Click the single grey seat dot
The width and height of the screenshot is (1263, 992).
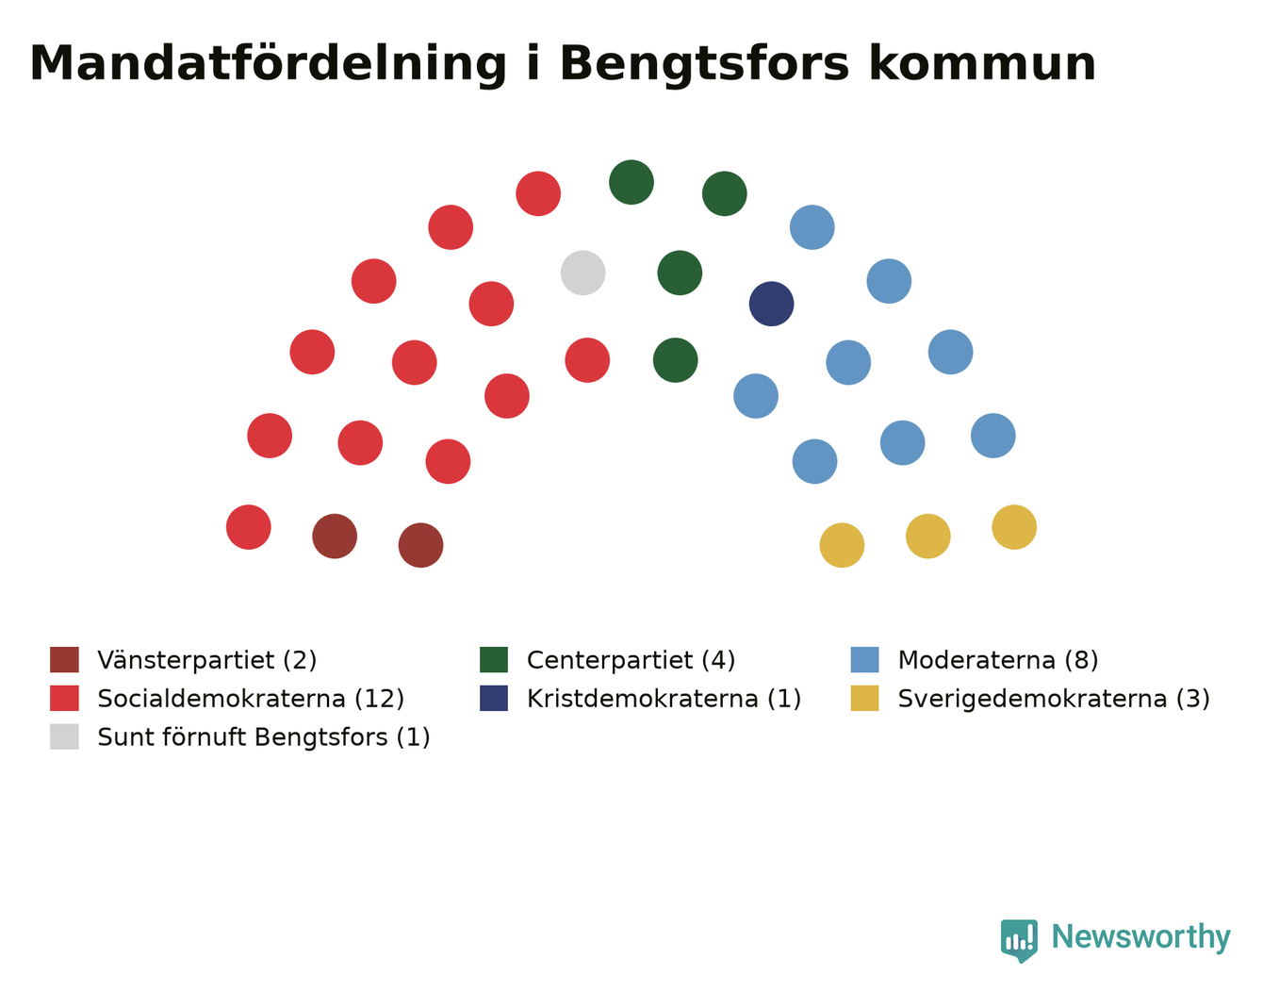pos(582,273)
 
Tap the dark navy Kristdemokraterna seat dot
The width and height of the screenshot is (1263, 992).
pos(771,304)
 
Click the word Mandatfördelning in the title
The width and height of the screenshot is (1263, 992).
pos(268,64)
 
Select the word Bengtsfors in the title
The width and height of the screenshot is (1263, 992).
pos(704,64)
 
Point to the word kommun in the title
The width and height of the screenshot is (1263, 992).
pos(982,64)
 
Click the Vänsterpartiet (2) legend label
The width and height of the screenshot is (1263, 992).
pos(207,659)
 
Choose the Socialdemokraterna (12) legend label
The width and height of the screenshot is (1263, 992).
pos(251,698)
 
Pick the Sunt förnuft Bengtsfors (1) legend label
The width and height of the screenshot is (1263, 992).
pos(264,736)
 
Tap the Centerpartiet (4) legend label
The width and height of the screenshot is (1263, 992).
pos(631,659)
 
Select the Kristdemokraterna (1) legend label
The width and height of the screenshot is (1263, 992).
pos(664,698)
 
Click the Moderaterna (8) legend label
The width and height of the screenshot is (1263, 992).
pos(998,659)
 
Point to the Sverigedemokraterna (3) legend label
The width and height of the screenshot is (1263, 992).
pos(1054,698)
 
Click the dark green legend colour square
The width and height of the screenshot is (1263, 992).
pos(494,659)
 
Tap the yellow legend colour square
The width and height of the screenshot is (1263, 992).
pos(864,698)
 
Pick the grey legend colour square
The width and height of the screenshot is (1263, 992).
pos(64,736)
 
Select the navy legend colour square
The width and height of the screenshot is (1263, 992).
pos(494,698)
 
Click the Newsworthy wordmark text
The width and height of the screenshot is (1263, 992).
pos(1141,936)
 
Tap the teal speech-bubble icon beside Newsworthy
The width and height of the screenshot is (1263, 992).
pos(1019,939)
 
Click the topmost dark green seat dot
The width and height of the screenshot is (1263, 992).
pos(631,182)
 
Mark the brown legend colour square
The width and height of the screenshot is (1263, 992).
pos(64,659)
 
